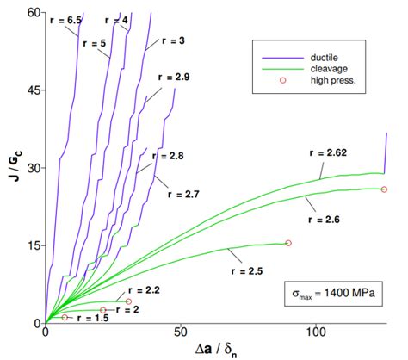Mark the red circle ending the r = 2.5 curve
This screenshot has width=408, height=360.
click(x=288, y=243)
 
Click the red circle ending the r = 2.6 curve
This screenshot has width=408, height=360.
click(x=384, y=189)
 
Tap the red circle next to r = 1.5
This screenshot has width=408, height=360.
click(x=65, y=318)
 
